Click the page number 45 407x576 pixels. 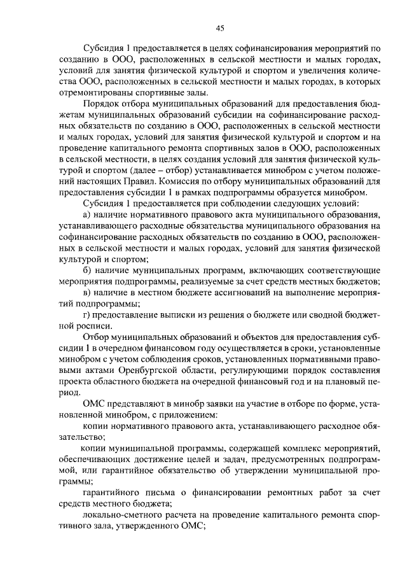[x=221, y=27]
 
